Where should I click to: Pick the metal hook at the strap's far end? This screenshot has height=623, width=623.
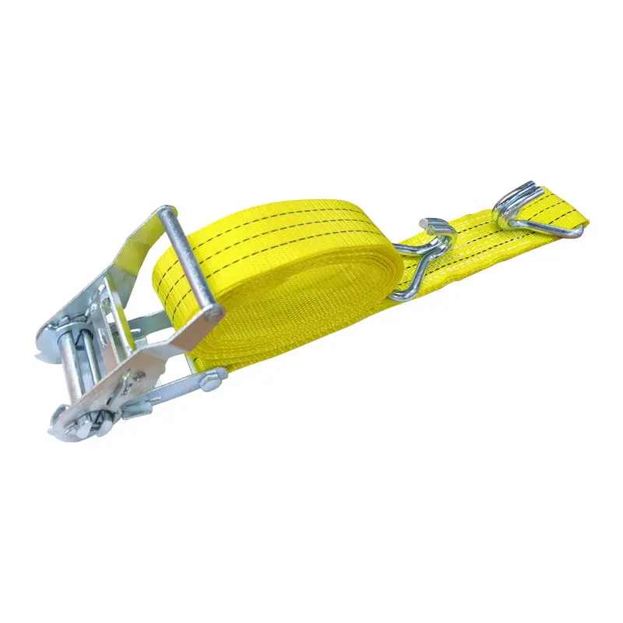(537, 210)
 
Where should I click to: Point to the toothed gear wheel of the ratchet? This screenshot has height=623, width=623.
(74, 421)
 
